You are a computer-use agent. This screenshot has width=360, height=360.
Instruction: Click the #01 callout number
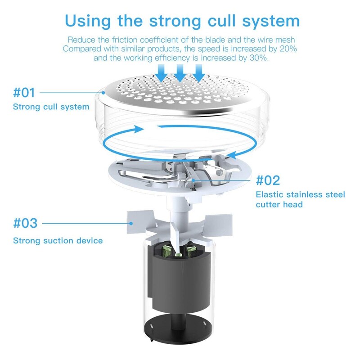click(x=24, y=93)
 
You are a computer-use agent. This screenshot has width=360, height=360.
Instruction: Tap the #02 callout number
click(x=268, y=180)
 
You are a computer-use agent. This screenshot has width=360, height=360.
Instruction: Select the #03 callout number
click(x=25, y=223)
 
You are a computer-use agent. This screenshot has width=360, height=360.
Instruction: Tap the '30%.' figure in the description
click(x=259, y=58)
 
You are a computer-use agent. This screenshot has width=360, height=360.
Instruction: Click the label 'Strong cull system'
click(x=51, y=107)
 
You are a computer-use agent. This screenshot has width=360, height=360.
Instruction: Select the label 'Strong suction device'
click(x=58, y=241)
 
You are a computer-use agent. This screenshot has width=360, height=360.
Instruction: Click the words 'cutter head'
click(x=279, y=204)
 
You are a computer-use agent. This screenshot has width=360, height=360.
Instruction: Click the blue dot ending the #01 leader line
click(x=103, y=93)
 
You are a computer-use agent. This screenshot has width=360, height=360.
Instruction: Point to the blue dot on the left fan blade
click(x=131, y=223)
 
